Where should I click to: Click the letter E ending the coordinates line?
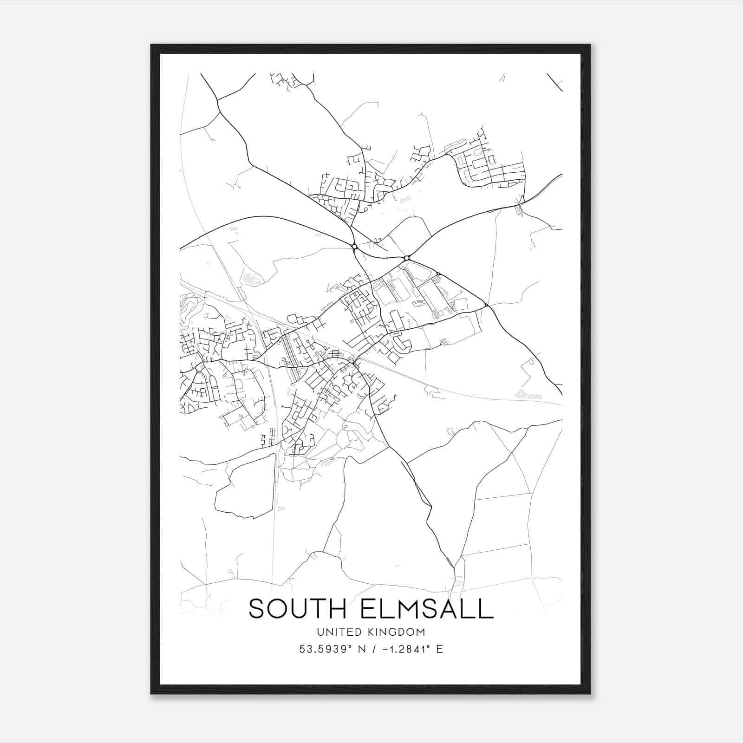coord(439,649)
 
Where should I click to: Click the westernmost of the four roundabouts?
coord(354,246)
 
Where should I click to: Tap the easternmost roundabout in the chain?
coord(486,305)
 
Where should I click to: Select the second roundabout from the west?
coord(406,258)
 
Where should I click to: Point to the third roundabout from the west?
coord(438,274)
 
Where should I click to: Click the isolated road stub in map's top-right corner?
coord(554,82)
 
